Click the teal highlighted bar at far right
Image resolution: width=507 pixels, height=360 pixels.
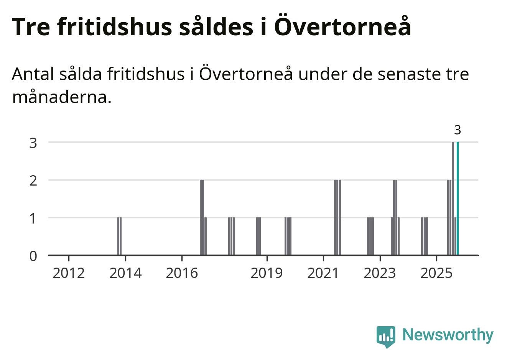458,198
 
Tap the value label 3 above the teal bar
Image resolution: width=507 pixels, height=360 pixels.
457,130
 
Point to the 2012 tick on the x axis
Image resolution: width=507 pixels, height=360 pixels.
69,273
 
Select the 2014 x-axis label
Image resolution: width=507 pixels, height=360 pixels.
125,273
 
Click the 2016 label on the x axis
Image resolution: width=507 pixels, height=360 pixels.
182,273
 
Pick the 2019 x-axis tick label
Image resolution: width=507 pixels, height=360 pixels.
267,273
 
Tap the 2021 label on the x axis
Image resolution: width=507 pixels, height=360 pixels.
323,273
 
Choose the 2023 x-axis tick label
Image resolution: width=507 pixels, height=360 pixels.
380,273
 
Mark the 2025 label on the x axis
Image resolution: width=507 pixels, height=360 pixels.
436,273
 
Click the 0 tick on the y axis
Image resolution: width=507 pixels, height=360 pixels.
33,256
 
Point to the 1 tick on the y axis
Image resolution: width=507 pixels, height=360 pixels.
33,218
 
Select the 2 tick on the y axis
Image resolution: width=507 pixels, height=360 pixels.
33,180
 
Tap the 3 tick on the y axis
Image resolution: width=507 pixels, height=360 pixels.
33,143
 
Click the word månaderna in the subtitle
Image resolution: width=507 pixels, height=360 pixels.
61,97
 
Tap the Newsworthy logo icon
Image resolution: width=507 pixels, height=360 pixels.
386,336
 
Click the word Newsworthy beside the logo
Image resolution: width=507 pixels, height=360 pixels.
448,335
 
